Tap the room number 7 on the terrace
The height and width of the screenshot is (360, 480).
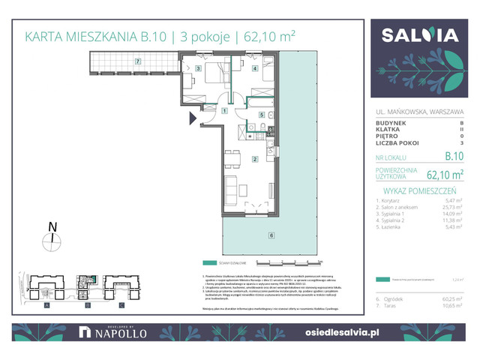[137, 60]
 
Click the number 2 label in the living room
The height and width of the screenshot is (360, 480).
[256, 159]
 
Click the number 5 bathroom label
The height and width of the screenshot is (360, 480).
[260, 115]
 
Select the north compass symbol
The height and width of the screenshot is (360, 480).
[51, 240]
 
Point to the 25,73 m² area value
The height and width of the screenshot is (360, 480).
[454, 208]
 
